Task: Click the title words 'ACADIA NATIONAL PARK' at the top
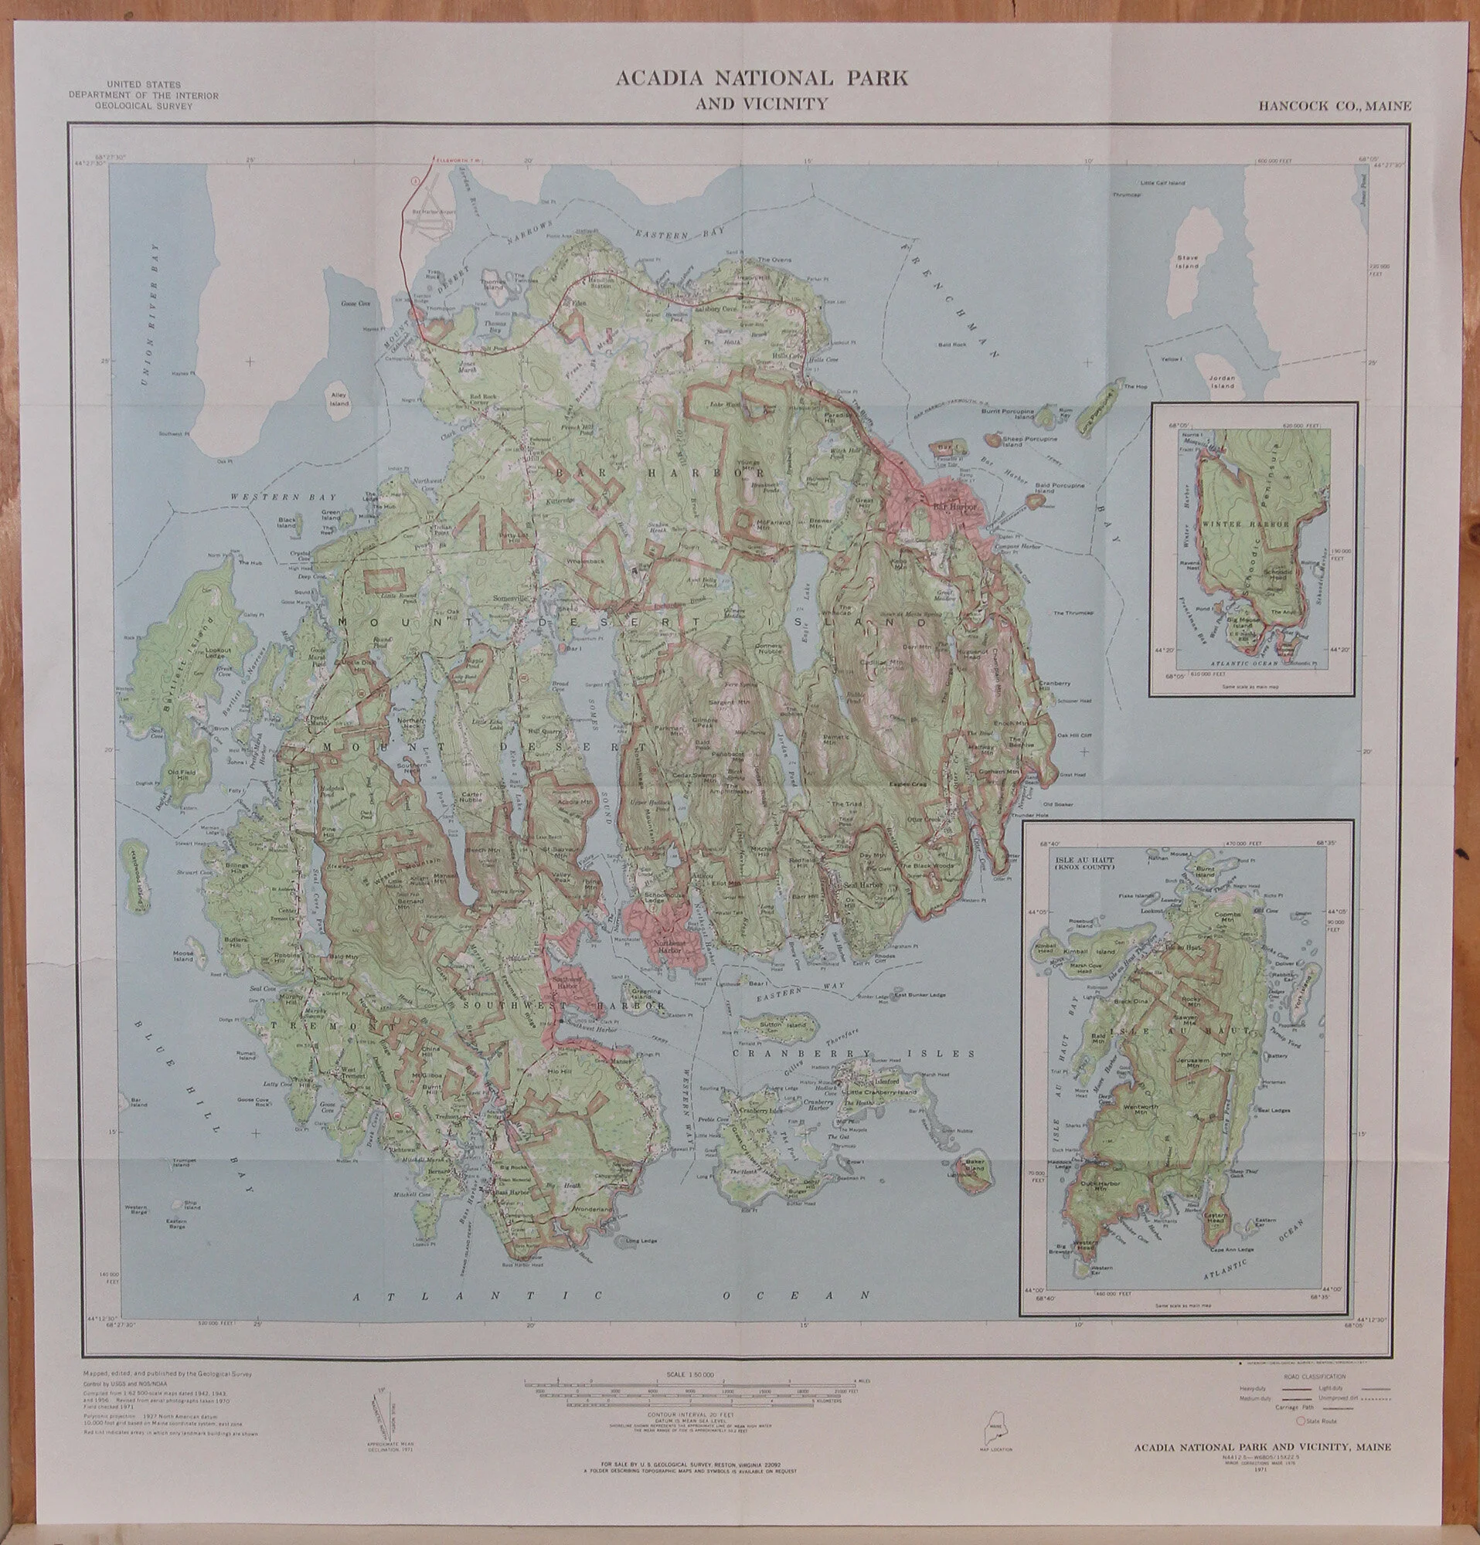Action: coord(761,78)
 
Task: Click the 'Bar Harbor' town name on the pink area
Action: coord(953,507)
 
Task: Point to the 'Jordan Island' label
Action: coord(1223,383)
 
